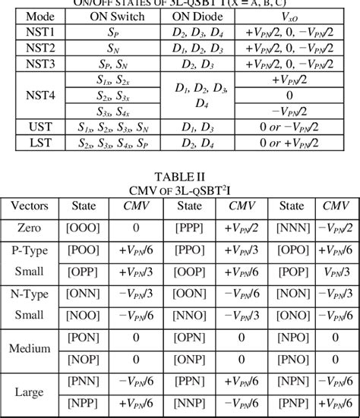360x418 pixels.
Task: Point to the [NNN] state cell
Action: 293,227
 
